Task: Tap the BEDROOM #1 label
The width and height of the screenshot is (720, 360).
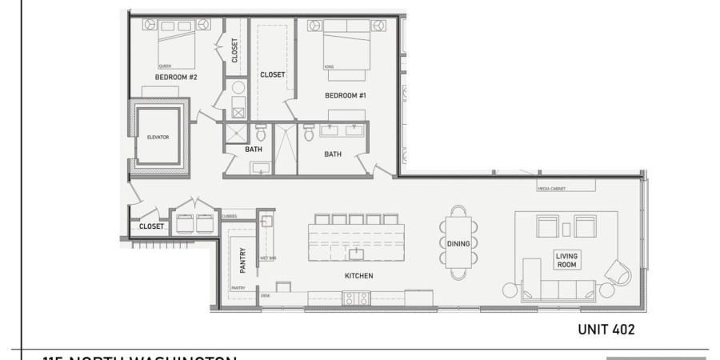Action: click(345, 95)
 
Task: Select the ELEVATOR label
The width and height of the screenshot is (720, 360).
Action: click(158, 137)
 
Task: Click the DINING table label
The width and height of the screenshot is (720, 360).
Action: click(458, 242)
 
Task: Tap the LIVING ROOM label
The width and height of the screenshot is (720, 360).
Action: click(566, 259)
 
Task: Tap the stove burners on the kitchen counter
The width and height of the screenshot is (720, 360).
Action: click(354, 298)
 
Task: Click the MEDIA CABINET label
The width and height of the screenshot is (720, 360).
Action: click(553, 189)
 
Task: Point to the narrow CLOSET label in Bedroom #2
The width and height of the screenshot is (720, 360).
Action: click(234, 51)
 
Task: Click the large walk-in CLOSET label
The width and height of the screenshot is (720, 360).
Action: click(273, 74)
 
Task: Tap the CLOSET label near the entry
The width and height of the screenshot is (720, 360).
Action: click(151, 226)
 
